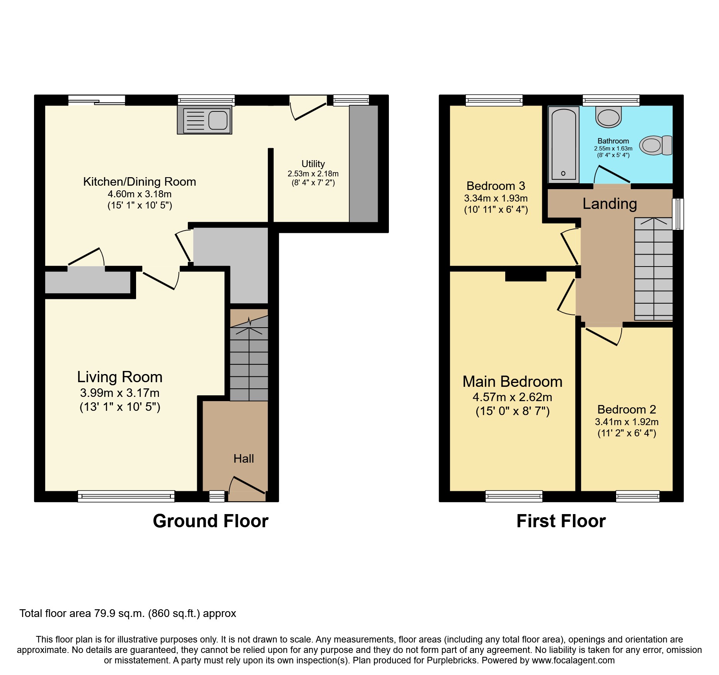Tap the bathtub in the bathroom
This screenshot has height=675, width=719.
563,144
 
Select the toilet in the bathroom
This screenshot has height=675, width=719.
656,145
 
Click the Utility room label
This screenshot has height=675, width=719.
313,164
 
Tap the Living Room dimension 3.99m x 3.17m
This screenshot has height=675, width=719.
120,393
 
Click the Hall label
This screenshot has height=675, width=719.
244,459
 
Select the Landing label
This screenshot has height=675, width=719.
610,204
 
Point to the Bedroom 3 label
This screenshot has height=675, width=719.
496,186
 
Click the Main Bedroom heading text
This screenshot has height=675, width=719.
512,382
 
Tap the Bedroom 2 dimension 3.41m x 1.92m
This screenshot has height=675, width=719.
627,422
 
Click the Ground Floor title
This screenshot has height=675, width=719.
211,521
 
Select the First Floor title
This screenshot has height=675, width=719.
561,521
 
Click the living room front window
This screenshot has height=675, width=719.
126,496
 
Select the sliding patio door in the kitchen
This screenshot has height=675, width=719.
97,100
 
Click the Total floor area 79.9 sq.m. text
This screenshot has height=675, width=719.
128,613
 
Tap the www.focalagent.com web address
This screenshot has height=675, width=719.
573,660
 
